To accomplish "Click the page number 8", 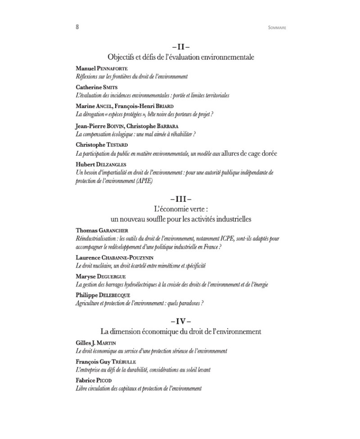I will point(77,27).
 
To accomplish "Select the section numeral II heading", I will point(181,47).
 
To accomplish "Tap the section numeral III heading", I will point(181,199).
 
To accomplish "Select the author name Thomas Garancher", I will point(102,230).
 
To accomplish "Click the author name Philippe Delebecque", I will point(102,295).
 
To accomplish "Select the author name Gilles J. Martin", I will point(96,343).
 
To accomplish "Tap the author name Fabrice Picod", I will point(94,381).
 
